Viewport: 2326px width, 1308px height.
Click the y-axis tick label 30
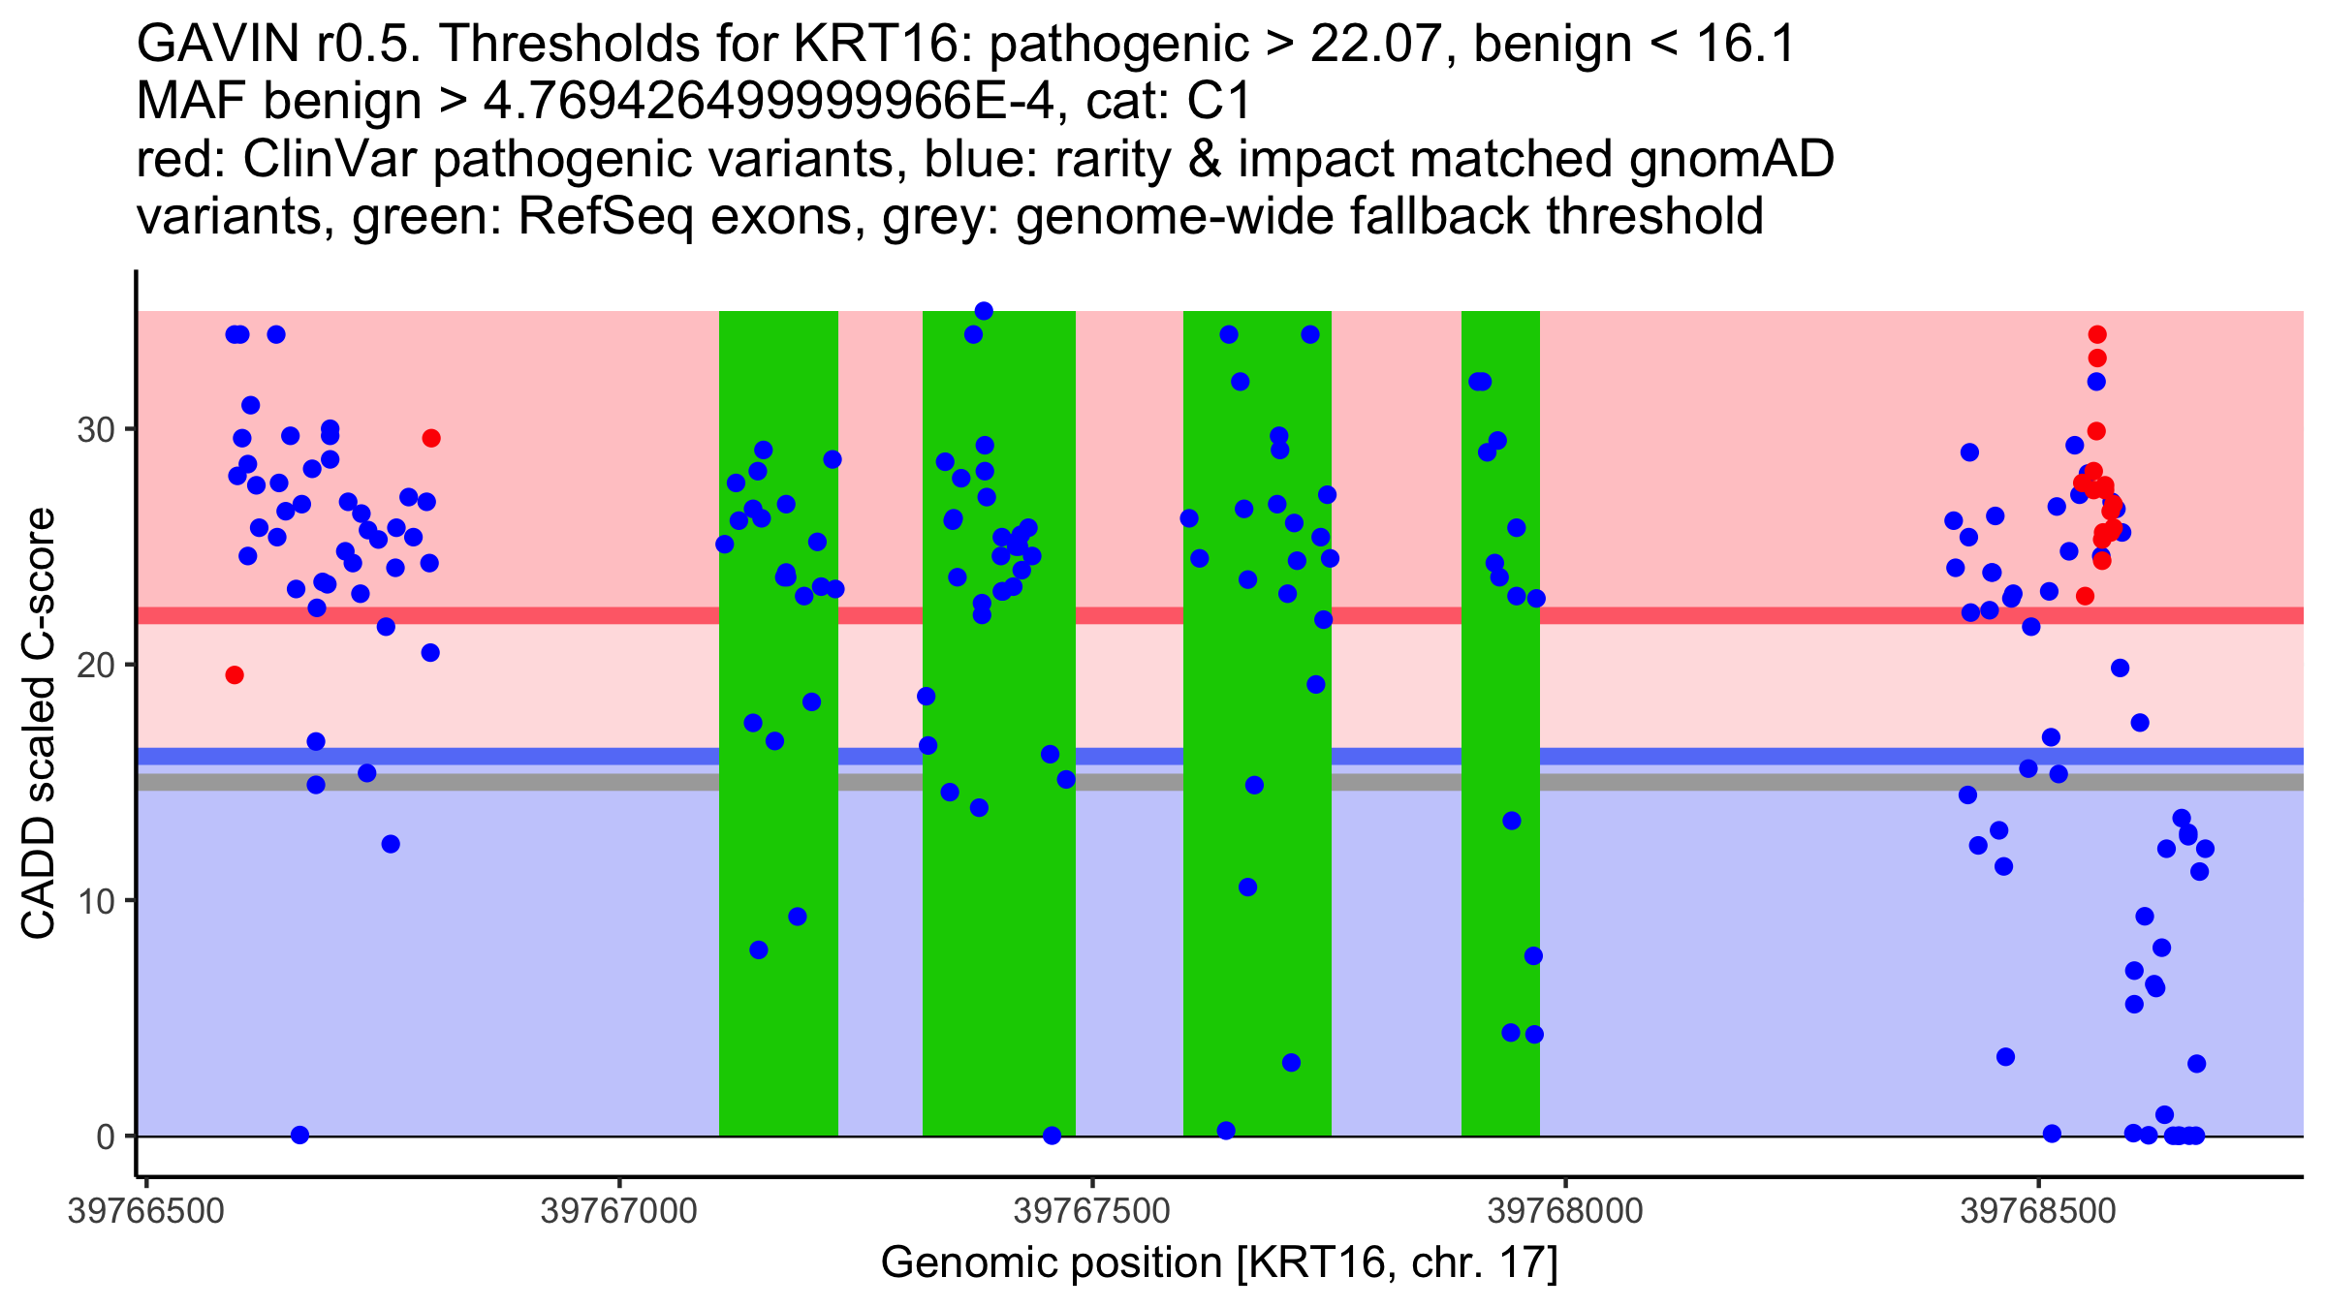coord(95,429)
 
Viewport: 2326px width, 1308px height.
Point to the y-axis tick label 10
coord(95,901)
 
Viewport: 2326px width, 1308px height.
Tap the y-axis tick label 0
coord(105,1137)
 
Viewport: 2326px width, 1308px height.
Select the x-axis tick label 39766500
coord(145,1212)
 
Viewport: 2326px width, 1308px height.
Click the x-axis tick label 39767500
coord(1092,1212)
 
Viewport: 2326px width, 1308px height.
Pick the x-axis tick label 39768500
coord(2038,1212)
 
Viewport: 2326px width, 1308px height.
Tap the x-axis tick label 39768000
coord(1565,1212)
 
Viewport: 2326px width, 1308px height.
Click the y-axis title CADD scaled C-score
coord(39,724)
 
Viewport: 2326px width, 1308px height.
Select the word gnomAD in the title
coord(1731,159)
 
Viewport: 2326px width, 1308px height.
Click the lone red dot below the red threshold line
coord(235,675)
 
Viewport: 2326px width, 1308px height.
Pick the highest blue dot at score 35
coord(984,311)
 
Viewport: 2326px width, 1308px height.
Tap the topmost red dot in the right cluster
coord(2097,334)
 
